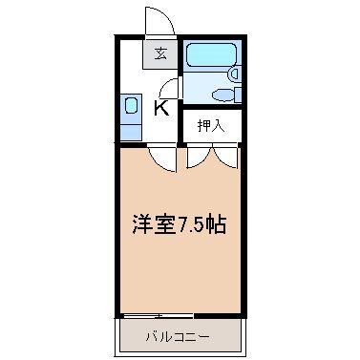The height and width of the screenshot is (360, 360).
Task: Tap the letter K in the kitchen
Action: (162, 107)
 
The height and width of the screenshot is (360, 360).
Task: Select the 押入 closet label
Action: (210, 124)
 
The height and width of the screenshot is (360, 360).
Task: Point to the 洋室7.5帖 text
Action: (178, 227)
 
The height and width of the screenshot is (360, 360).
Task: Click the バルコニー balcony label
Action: (178, 336)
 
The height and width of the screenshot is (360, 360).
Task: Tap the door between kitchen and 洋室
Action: (165, 159)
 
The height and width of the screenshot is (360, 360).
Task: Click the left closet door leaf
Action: (199, 155)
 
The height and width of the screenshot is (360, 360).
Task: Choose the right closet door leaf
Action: (224, 155)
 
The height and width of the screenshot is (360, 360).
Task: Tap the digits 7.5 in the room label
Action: (198, 227)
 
